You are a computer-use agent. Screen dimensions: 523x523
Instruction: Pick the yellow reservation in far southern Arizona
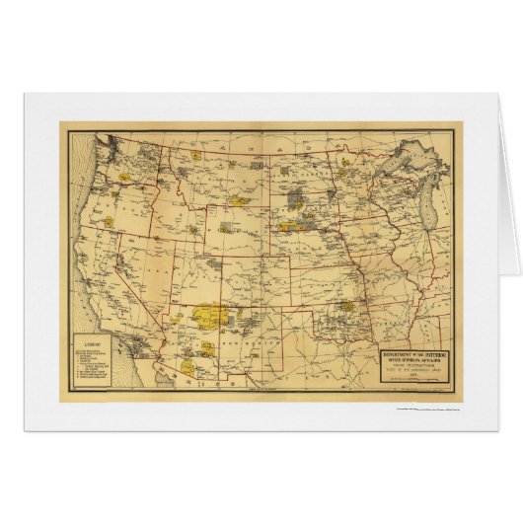209,347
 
